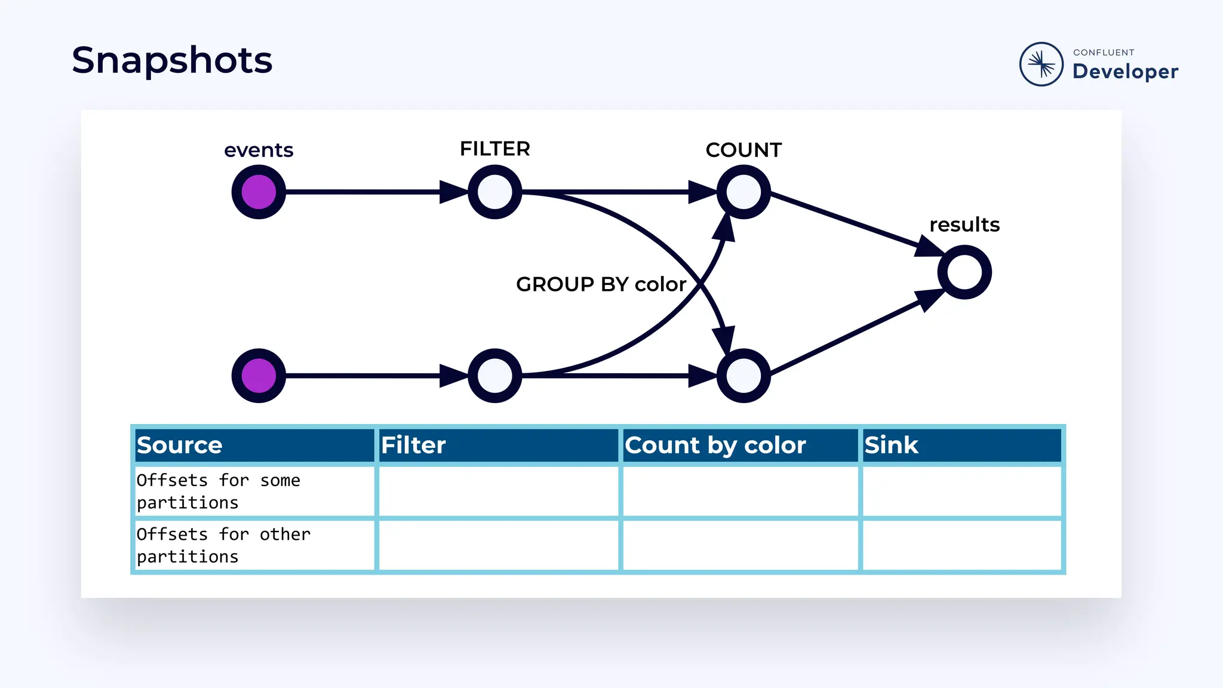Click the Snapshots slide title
click(x=172, y=60)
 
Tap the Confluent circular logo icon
click(x=1041, y=64)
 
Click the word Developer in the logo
click(x=1125, y=72)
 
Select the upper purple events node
click(x=259, y=192)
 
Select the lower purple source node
click(x=259, y=376)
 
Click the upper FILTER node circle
click(x=495, y=192)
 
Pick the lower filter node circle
click(x=495, y=376)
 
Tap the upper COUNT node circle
click(x=743, y=192)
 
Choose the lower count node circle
click(x=743, y=376)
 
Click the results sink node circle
click(x=964, y=272)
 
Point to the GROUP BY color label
click(x=601, y=284)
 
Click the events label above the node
click(x=259, y=150)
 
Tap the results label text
click(x=964, y=225)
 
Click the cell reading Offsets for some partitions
click(x=255, y=492)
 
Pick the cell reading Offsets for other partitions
click(x=255, y=545)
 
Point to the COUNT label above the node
click(x=743, y=150)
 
